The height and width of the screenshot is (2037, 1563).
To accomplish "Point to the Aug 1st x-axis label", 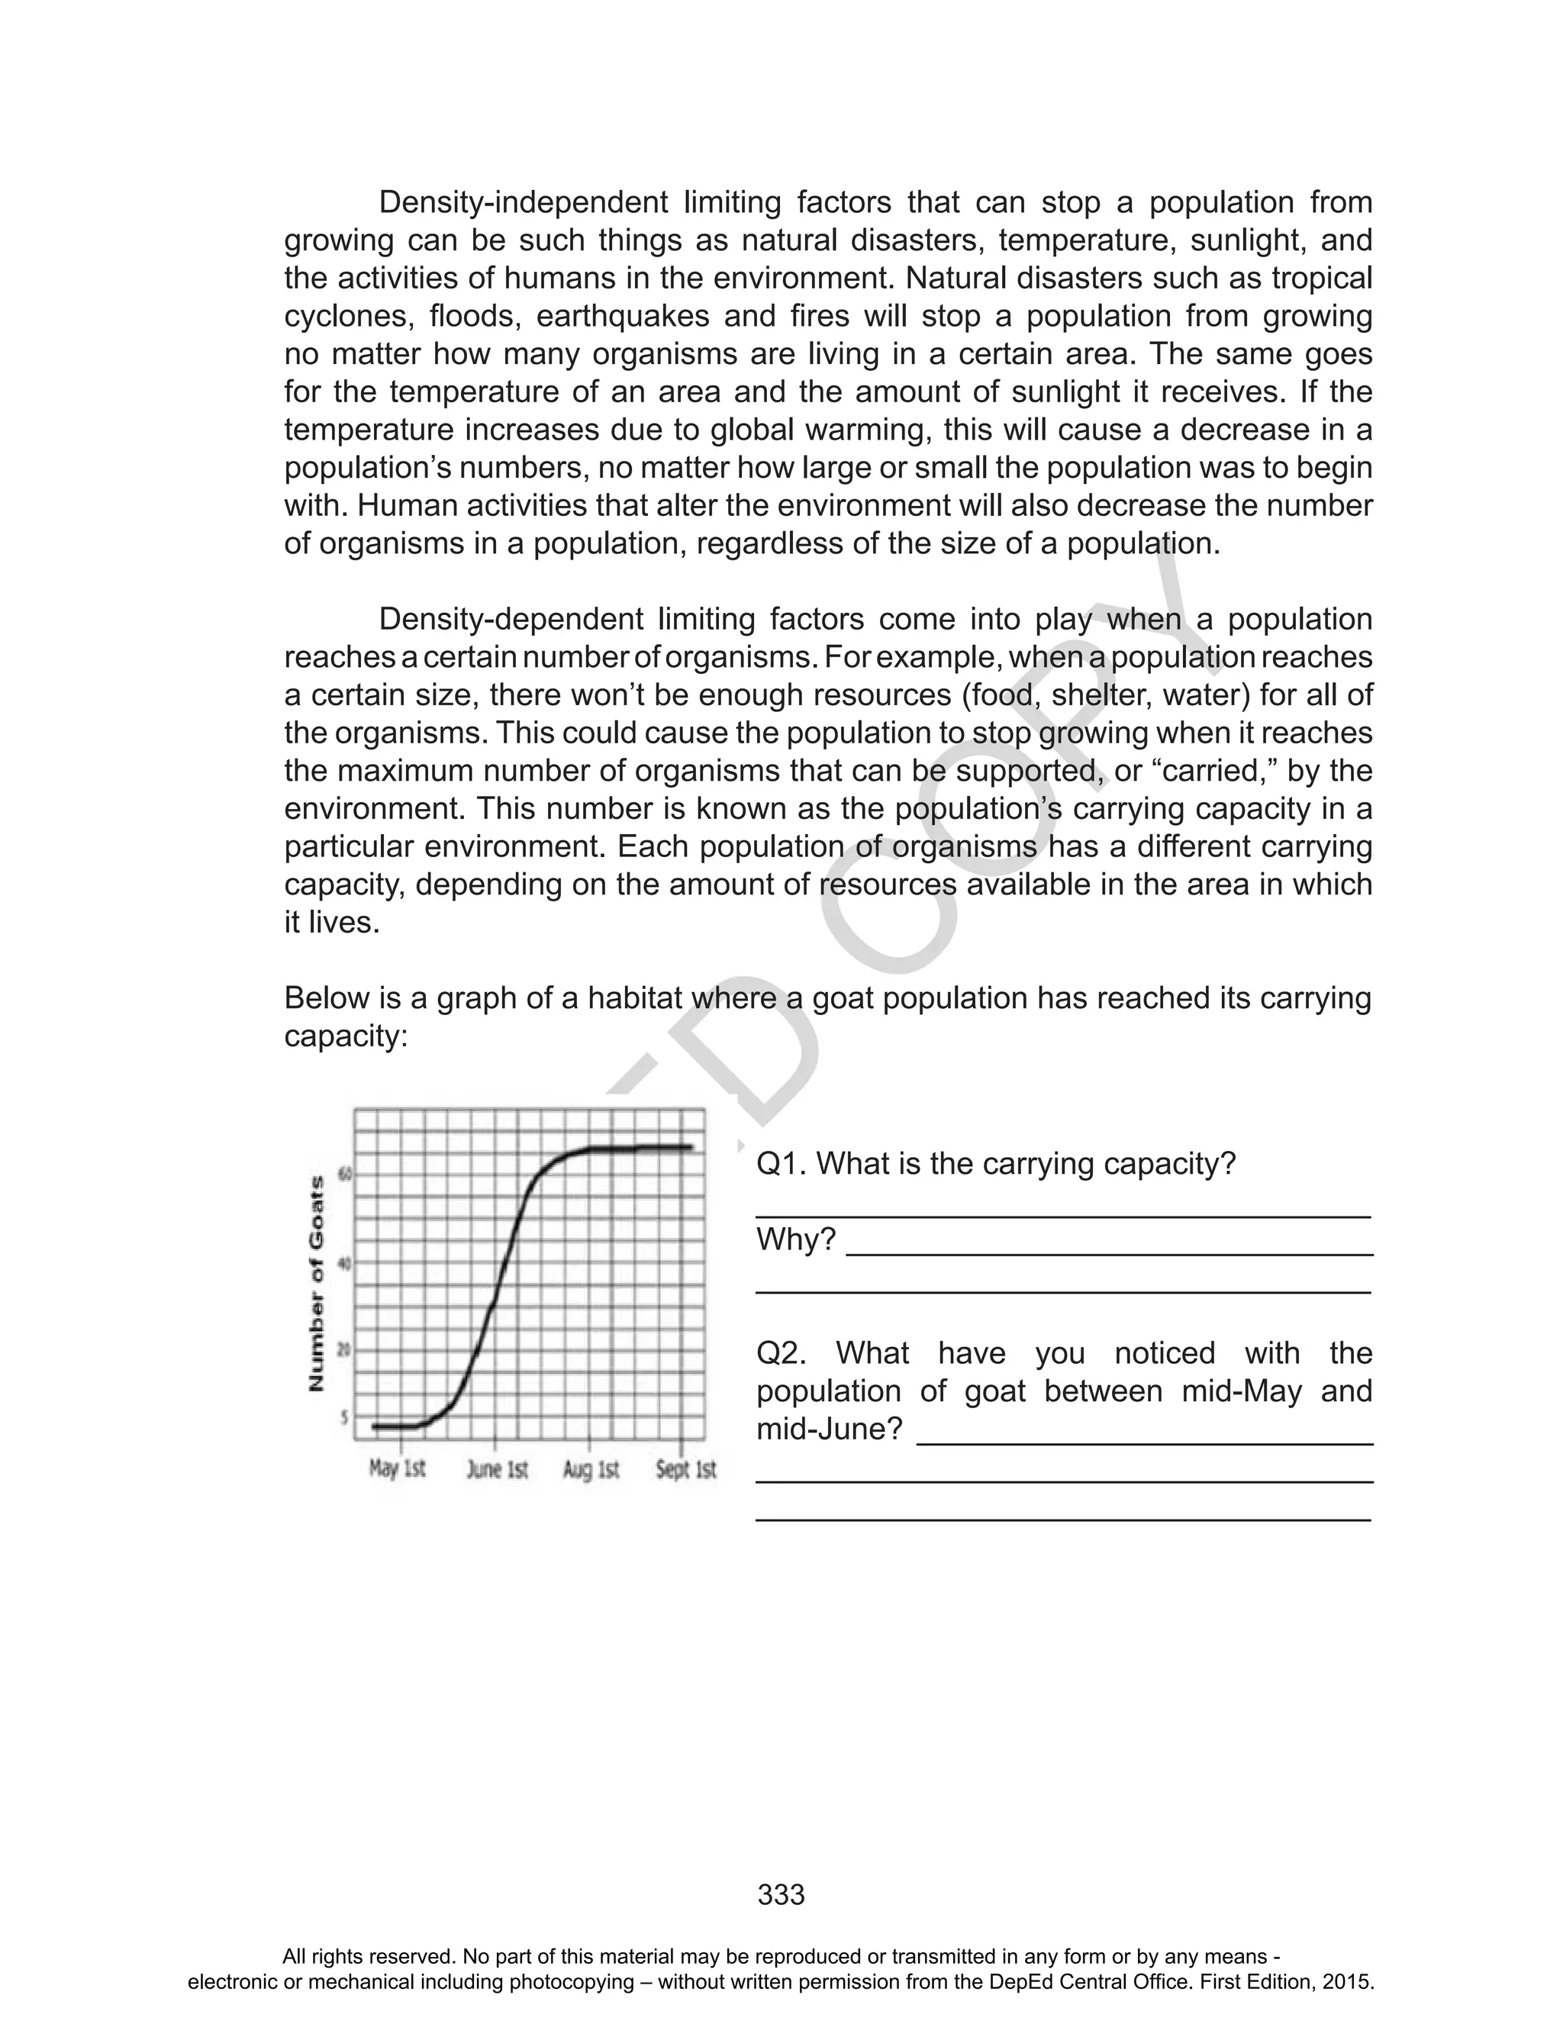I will [591, 1470].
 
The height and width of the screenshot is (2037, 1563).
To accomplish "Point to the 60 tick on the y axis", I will [344, 1175].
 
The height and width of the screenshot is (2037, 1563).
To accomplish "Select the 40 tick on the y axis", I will [344, 1264].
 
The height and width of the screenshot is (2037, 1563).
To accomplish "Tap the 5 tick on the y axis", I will [345, 1417].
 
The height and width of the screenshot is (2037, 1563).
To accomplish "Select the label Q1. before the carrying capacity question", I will [781, 1164].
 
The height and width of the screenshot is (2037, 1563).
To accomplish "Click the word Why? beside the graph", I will [795, 1240].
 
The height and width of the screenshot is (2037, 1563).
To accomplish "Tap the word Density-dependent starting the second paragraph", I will [511, 620].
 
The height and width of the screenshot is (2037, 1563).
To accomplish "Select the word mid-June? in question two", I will [829, 1429].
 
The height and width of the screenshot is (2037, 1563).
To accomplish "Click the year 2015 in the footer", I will [1350, 1982].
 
